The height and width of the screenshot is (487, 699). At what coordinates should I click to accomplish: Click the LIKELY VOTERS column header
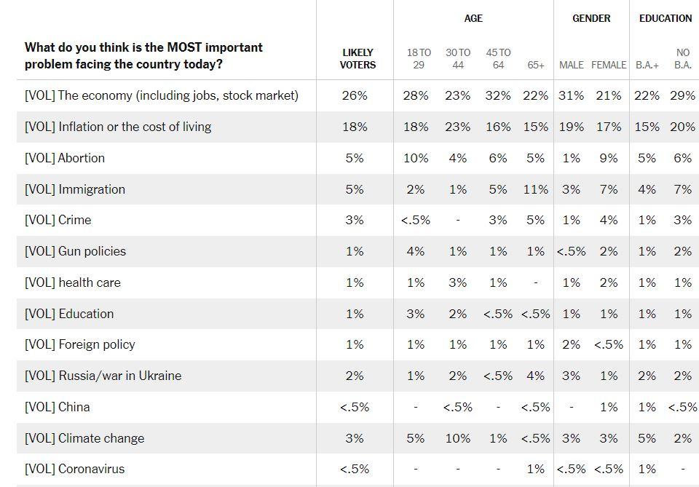(358, 59)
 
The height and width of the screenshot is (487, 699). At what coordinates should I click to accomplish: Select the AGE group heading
(473, 18)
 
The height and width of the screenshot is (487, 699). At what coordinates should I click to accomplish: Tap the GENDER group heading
(591, 18)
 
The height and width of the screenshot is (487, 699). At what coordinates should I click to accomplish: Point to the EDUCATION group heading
(665, 18)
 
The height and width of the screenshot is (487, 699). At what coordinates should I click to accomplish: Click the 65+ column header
(536, 65)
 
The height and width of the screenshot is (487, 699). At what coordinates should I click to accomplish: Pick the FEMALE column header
(609, 65)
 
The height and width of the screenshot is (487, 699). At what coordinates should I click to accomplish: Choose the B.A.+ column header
(647, 65)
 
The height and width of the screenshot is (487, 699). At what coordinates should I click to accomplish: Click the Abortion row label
(65, 158)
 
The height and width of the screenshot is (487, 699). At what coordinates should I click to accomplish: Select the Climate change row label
(84, 438)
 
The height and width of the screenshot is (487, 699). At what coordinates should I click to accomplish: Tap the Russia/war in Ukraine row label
(103, 376)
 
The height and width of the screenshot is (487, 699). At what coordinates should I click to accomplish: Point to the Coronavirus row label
(74, 470)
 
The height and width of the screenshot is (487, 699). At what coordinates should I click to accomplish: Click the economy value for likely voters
(355, 95)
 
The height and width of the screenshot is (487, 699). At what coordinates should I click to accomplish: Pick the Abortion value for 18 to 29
(416, 158)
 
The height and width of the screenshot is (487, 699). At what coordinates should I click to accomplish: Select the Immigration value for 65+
(536, 189)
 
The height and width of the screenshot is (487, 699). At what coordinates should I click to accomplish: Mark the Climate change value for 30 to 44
(458, 438)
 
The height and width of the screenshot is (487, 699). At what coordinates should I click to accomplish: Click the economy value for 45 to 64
(498, 95)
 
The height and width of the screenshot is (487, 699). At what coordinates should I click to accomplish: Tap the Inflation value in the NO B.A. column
(682, 127)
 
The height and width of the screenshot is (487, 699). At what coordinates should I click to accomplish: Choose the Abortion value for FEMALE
(609, 158)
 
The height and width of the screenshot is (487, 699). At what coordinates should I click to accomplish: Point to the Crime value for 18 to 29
(416, 221)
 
